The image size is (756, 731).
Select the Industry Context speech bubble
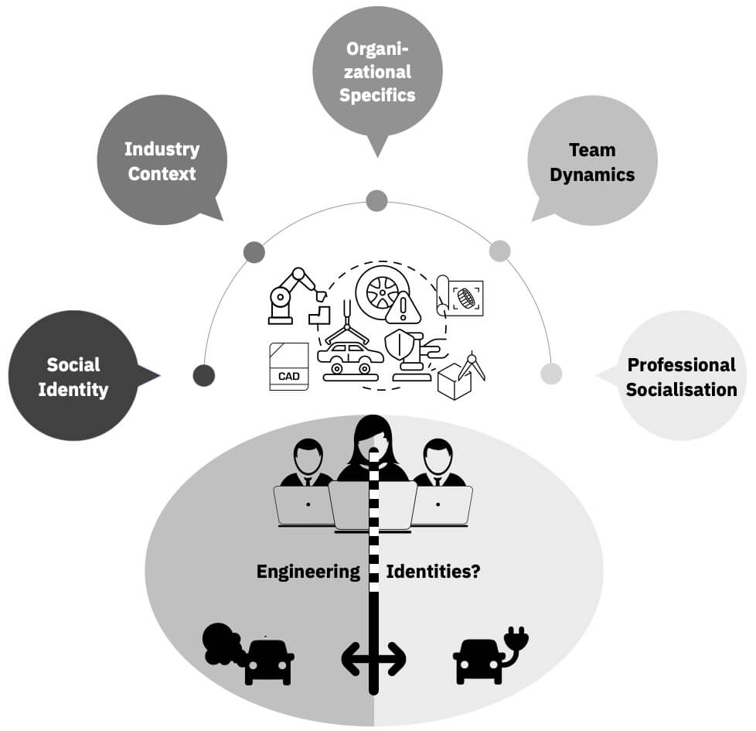(162, 159)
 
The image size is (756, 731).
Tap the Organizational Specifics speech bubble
(377, 73)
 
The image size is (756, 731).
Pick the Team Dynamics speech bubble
(593, 160)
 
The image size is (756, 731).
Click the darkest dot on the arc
(204, 375)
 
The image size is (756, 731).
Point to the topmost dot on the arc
(377, 200)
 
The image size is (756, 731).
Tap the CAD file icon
(289, 366)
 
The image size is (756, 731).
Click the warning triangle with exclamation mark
(404, 307)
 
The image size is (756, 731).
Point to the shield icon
(399, 344)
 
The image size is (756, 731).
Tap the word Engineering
(308, 572)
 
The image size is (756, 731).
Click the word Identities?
(433, 572)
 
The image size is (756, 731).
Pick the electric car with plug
(490, 655)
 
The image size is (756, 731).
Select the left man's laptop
(304, 505)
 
